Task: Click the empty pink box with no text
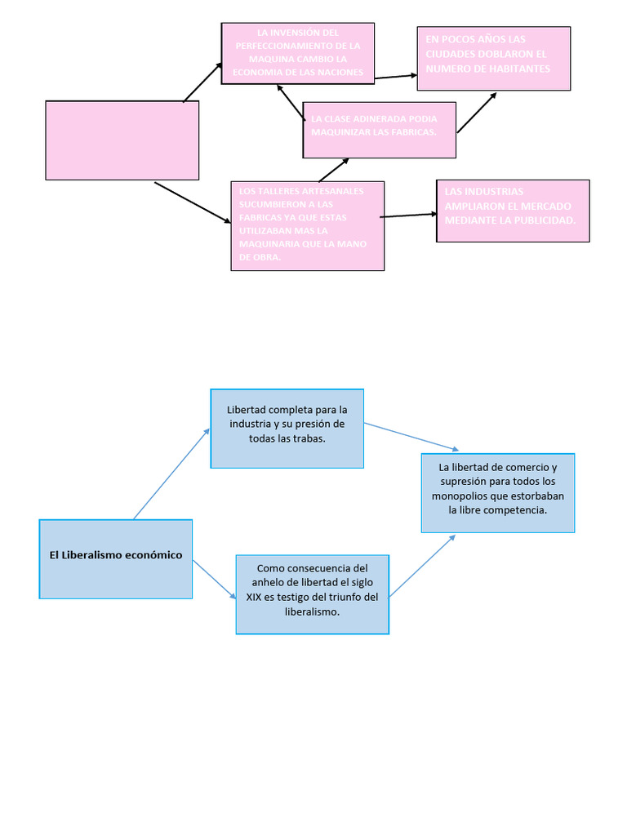(122, 140)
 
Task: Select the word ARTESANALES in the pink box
(327, 191)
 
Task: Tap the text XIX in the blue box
(254, 597)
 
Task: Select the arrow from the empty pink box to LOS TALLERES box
(193, 202)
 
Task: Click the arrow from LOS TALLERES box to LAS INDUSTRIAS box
(409, 216)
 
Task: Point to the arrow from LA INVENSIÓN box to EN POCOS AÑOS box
(396, 76)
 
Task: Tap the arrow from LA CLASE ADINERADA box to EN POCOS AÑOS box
(477, 113)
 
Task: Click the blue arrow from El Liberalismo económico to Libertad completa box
(171, 474)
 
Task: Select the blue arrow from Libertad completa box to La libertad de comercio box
(412, 437)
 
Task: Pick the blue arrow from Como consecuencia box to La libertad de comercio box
(422, 565)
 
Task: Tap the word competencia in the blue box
(516, 509)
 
